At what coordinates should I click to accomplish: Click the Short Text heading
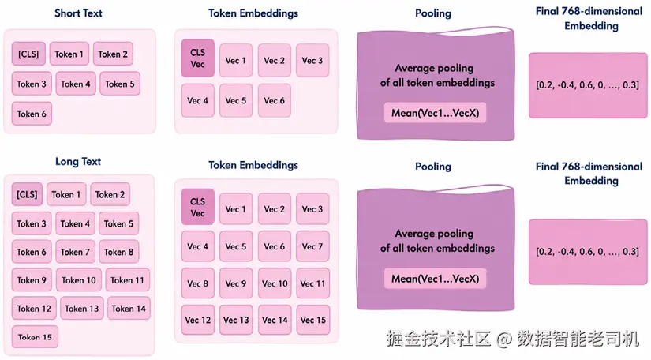[x=78, y=13]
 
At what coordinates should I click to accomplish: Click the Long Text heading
[x=78, y=162]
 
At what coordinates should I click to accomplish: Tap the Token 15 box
[x=35, y=337]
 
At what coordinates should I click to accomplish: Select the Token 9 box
[x=32, y=279]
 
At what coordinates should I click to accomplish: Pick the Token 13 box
[x=82, y=309]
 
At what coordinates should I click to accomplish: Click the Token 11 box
[x=128, y=279]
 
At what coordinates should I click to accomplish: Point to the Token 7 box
[x=75, y=252]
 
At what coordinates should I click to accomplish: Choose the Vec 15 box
[x=313, y=320]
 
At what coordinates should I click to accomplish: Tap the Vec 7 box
[x=312, y=246]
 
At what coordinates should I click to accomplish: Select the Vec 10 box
[x=275, y=283]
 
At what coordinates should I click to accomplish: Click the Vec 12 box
[x=197, y=320]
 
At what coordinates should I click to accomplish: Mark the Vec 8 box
[x=197, y=283]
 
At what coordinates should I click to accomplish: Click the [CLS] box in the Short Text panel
[x=28, y=54]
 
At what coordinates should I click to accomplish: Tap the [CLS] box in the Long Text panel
[x=27, y=194]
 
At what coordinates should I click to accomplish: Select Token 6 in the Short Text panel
[x=32, y=114]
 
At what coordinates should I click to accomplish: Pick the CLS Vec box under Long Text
[x=197, y=207]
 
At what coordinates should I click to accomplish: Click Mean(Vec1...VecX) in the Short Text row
[x=435, y=113]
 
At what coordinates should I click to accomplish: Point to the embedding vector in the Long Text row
[x=587, y=252]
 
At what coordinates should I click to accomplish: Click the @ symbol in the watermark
[x=503, y=339]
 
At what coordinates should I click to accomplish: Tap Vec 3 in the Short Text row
[x=312, y=60]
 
